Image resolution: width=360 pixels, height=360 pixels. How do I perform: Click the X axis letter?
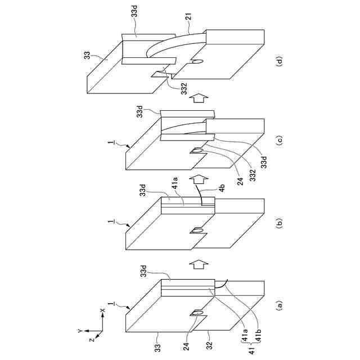102,310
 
